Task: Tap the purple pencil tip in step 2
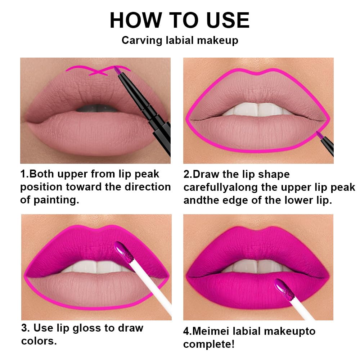(318, 135)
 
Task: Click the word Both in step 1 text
(43, 174)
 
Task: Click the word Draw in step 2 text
(206, 175)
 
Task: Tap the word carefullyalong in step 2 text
(222, 188)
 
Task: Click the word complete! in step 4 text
(209, 344)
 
